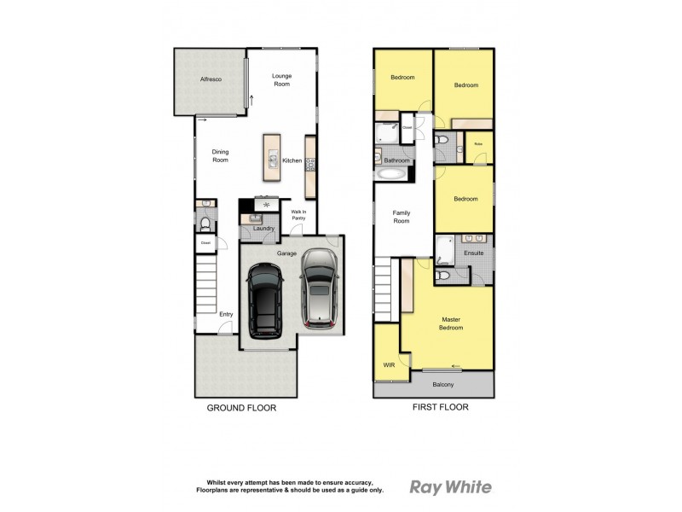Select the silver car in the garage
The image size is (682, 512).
pyautogui.click(x=320, y=288)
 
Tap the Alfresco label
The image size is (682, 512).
pyautogui.click(x=211, y=79)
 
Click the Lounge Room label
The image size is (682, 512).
pyautogui.click(x=281, y=80)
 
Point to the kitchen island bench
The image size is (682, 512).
pyautogui.click(x=272, y=157)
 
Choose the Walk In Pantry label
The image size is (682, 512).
pyautogui.click(x=298, y=215)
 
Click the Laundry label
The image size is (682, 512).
pyautogui.click(x=263, y=228)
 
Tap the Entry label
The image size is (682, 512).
pyautogui.click(x=226, y=314)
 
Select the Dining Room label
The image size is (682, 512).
pyautogui.click(x=220, y=156)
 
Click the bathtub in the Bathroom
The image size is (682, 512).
pyautogui.click(x=391, y=174)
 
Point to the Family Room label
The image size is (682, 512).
pyautogui.click(x=401, y=217)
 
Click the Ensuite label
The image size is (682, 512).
pyautogui.click(x=474, y=253)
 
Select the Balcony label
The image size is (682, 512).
pyautogui.click(x=442, y=384)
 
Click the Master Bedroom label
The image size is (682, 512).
pyautogui.click(x=451, y=323)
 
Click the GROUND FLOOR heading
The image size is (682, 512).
pyautogui.click(x=241, y=408)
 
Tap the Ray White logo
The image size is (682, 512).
pyautogui.click(x=450, y=487)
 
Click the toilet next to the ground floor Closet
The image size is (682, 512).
pyautogui.click(x=205, y=225)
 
